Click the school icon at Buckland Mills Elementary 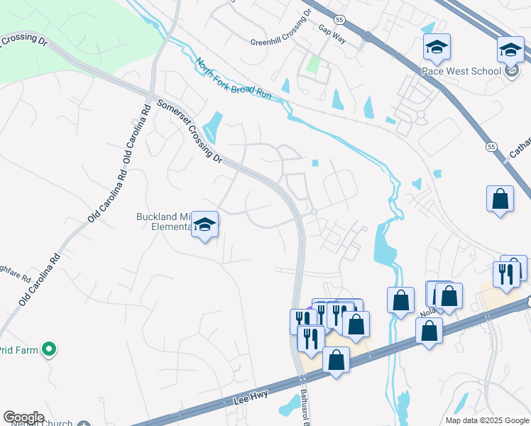tap(205, 225)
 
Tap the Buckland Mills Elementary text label tap(164, 222)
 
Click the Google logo tap(23, 417)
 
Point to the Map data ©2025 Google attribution tap(487, 420)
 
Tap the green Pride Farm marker tap(48, 349)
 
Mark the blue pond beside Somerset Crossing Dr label tap(212, 128)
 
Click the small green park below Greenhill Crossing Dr tap(313, 66)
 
